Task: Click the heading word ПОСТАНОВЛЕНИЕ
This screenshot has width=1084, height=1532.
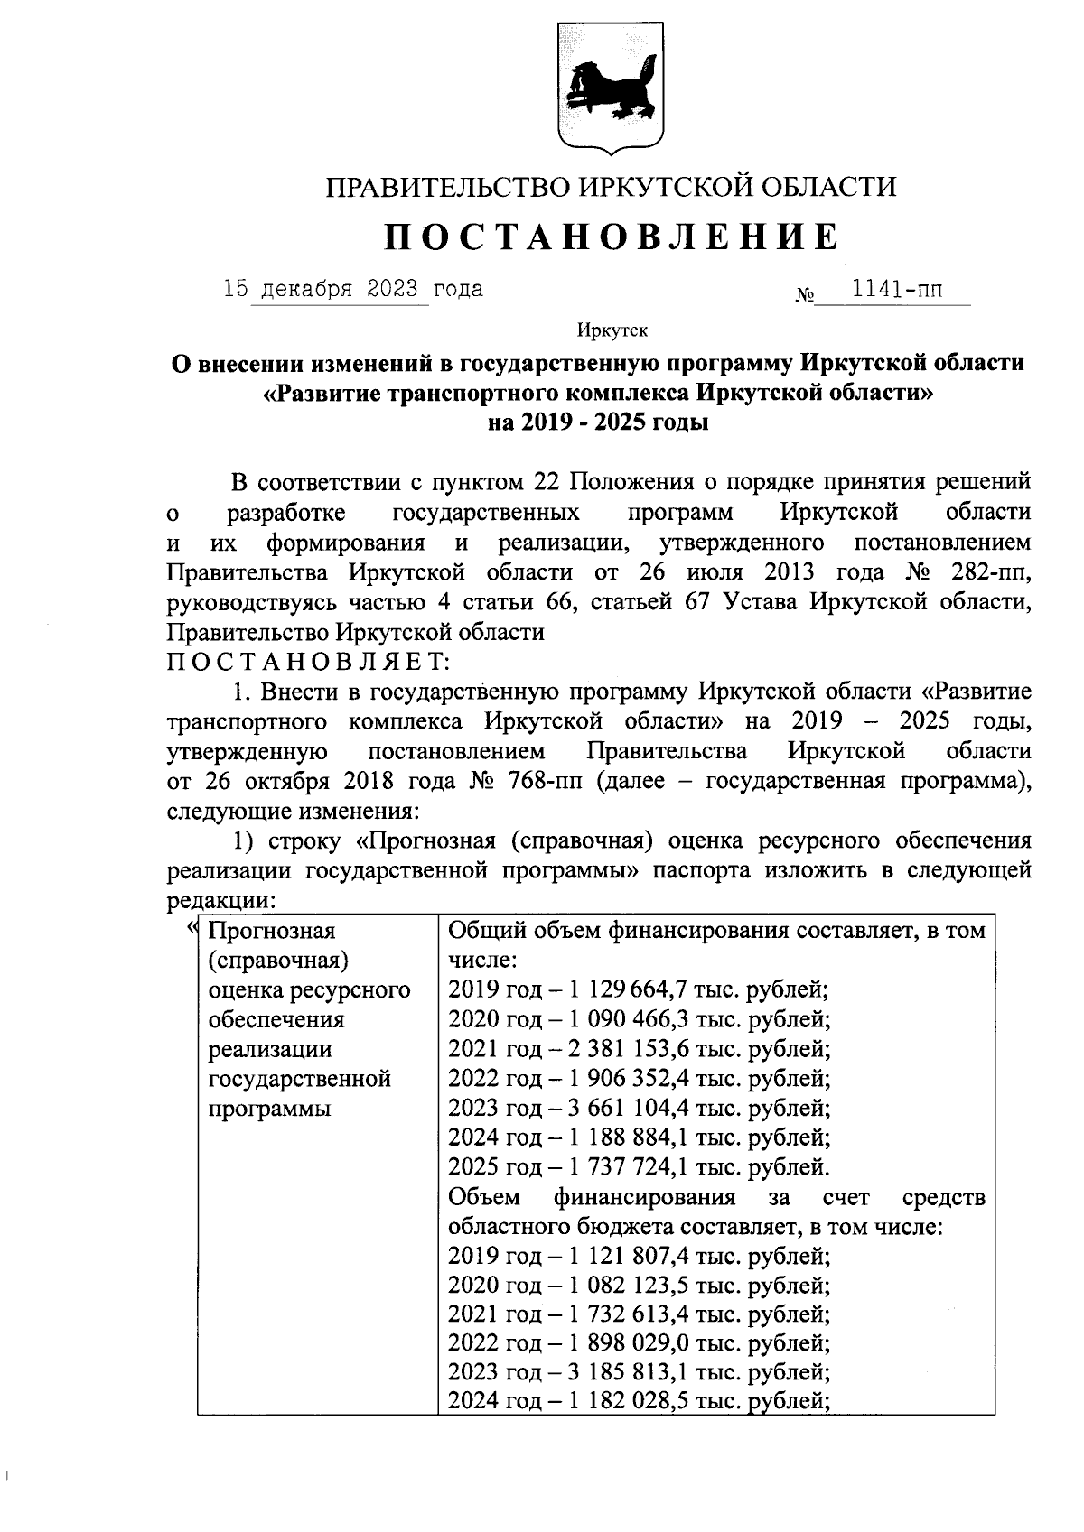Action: tap(612, 237)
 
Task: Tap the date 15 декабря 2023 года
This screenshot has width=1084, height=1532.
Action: tap(353, 290)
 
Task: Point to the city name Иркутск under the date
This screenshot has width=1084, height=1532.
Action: tap(612, 332)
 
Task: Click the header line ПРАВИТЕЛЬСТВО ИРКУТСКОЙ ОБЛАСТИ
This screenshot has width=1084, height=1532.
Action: tap(612, 187)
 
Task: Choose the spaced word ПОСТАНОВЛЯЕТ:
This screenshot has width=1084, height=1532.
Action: tap(308, 662)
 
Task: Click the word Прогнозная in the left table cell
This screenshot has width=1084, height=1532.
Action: tap(271, 931)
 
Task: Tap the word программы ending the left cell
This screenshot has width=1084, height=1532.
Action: tap(269, 1109)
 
